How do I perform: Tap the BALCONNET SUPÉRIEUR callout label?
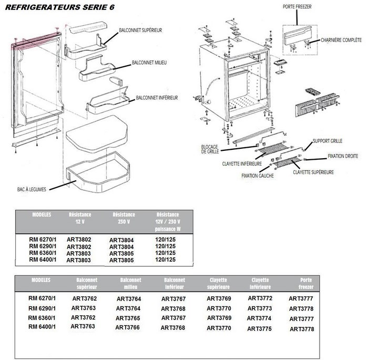tap(140, 30)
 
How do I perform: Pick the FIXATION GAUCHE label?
tap(257, 175)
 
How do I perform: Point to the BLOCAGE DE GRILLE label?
tap(209, 149)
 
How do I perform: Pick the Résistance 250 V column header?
tap(124, 218)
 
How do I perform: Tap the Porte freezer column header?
tap(306, 284)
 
